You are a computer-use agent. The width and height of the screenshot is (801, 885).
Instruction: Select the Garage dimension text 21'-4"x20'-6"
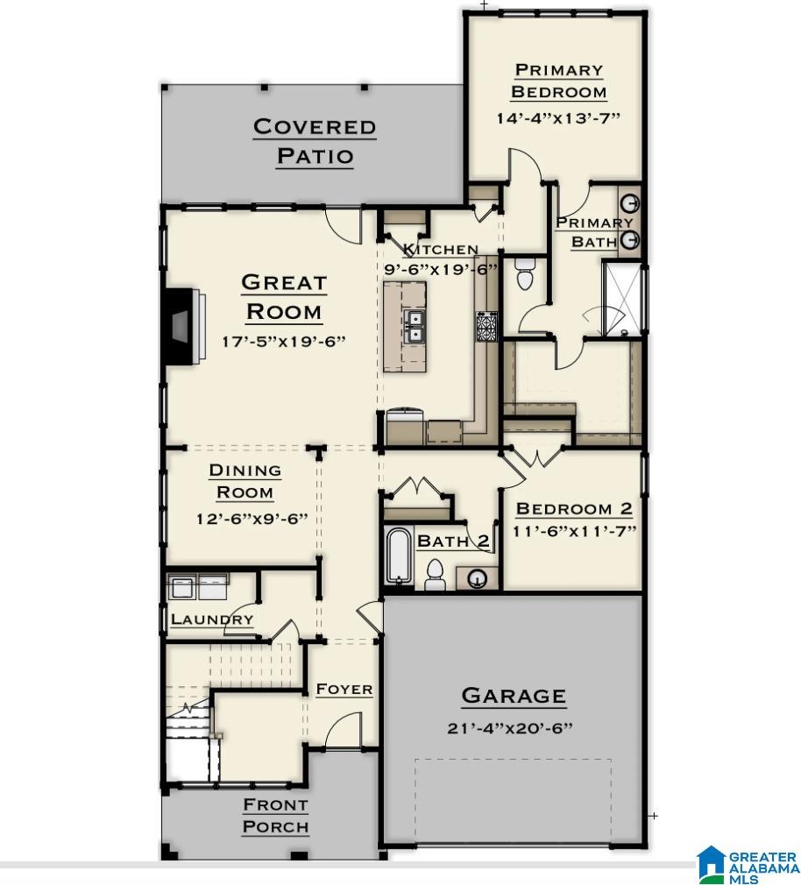[x=513, y=728]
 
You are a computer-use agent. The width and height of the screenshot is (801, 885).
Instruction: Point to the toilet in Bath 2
[x=433, y=574]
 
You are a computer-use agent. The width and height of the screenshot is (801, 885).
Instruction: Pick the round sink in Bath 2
[x=478, y=578]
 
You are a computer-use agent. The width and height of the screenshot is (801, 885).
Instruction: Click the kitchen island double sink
[x=414, y=326]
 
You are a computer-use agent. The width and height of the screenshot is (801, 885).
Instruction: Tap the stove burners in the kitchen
[x=486, y=327]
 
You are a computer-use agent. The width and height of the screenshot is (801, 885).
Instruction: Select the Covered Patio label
[x=315, y=141]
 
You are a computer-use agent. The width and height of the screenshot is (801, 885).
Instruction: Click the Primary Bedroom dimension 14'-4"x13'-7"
[x=558, y=118]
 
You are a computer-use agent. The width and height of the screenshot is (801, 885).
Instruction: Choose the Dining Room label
[x=245, y=481]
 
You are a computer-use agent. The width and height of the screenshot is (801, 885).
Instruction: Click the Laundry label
[x=212, y=619]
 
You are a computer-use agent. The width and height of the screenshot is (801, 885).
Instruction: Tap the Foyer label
[x=344, y=690]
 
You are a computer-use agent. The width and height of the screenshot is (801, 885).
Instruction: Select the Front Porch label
[x=275, y=815]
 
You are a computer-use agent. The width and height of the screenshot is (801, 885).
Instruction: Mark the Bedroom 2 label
[x=574, y=508]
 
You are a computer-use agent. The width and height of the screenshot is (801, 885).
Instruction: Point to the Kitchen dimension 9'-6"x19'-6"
[x=441, y=270]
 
